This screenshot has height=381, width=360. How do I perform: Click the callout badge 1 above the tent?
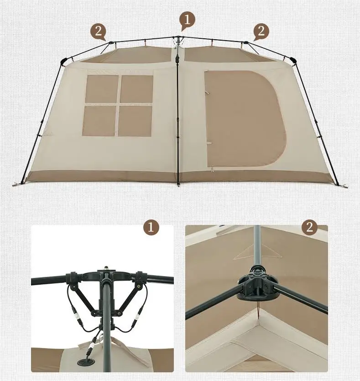(187, 19)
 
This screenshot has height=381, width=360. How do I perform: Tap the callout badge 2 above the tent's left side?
(98, 31)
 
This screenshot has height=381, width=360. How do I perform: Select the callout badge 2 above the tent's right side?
(261, 31)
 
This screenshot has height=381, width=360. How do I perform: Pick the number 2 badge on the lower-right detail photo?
(310, 227)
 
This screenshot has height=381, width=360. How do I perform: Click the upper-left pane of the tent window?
(101, 89)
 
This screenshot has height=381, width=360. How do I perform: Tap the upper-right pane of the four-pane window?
(136, 89)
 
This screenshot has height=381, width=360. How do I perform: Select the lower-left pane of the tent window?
(99, 120)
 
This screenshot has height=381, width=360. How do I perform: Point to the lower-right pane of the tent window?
(135, 120)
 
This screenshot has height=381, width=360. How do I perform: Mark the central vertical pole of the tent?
(177, 119)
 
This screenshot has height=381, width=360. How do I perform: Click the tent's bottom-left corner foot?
(19, 184)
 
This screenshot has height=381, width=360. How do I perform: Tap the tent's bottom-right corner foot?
(337, 184)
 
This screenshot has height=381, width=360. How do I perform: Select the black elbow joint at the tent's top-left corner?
(63, 60)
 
